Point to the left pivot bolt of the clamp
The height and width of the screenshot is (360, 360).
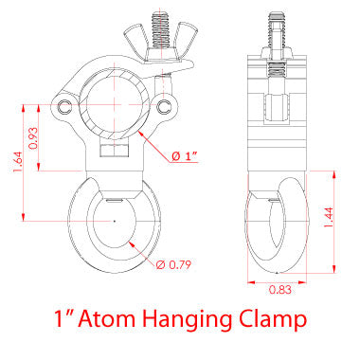click(63, 103)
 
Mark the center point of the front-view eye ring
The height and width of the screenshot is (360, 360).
click(115, 222)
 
